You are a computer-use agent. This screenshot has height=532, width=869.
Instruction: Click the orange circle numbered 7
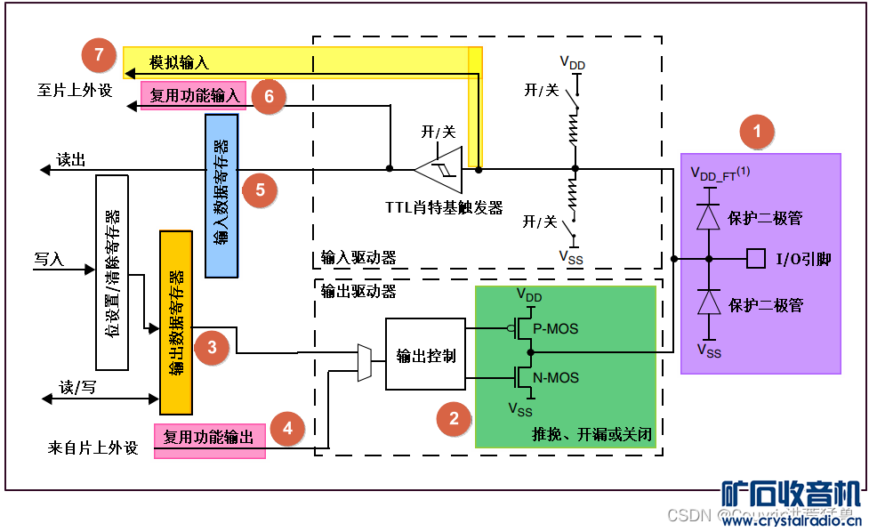coord(99,55)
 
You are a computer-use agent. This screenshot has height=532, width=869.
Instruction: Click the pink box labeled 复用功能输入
coord(194,95)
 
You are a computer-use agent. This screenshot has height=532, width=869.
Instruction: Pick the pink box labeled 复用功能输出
coord(209,438)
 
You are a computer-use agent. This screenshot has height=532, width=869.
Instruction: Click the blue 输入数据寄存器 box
coord(221,196)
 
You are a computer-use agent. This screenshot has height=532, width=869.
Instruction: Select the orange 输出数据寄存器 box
coord(175,322)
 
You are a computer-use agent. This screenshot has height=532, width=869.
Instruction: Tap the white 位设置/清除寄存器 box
coord(111,272)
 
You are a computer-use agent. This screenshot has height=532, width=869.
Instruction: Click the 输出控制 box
coord(425,355)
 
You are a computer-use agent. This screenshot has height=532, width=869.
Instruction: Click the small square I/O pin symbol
coord(756,259)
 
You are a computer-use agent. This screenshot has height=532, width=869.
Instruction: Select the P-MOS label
coord(555,328)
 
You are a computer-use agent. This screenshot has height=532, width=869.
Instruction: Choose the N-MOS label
coord(555,377)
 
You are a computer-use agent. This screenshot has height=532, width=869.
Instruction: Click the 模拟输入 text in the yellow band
coord(179,62)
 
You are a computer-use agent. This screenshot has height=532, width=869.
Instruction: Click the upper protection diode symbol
coord(708,217)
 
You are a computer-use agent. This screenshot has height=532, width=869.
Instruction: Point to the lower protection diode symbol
coord(708,303)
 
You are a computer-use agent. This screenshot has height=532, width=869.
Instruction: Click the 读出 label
coord(71,159)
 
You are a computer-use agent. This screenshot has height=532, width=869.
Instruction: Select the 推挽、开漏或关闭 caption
coord(592,436)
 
